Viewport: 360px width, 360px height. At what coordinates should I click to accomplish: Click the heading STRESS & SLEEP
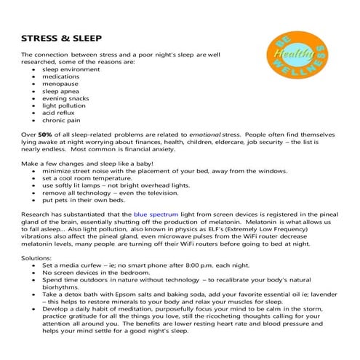[61, 37]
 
